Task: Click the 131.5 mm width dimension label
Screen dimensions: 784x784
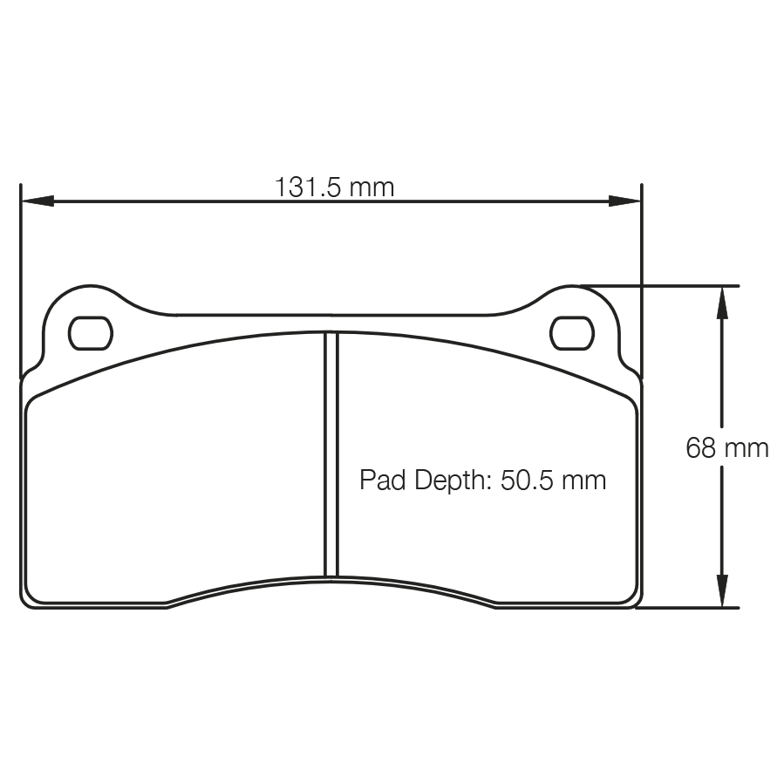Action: click(335, 187)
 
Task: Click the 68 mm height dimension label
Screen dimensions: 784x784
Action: click(726, 448)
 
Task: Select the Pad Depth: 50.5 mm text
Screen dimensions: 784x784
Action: click(482, 480)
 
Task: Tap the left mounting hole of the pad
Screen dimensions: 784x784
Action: click(91, 332)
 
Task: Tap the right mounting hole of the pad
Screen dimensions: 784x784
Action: click(571, 332)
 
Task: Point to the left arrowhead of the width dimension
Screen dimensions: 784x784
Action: click(37, 201)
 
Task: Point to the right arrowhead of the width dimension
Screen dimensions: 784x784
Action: click(625, 201)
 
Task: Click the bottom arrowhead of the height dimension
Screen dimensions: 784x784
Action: click(722, 591)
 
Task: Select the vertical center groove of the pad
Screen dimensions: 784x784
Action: click(331, 453)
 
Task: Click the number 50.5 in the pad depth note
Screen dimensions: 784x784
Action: click(529, 480)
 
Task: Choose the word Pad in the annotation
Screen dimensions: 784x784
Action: click(379, 480)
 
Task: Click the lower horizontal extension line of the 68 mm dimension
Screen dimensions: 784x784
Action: click(689, 608)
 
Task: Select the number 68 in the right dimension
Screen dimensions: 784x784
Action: click(702, 448)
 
